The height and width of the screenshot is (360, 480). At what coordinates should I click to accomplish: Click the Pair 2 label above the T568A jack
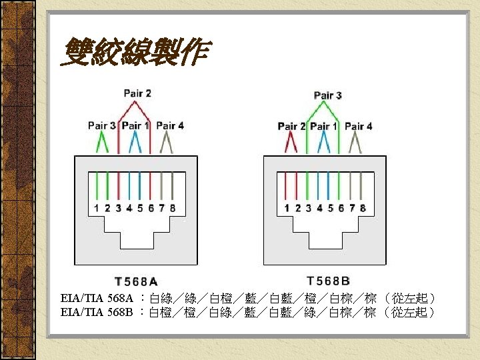[x=137, y=93]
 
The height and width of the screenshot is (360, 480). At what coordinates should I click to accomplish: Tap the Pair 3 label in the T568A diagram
[x=101, y=125]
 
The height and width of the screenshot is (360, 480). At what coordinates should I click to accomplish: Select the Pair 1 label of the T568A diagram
[x=135, y=125]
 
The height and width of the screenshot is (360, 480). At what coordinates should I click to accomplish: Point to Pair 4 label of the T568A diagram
[x=169, y=125]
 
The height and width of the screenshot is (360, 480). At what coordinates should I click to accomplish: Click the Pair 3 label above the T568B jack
[x=327, y=95]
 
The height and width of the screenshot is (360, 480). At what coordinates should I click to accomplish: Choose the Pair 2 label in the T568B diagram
[x=291, y=126]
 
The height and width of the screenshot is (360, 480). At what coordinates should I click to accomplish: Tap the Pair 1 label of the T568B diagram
[x=325, y=126]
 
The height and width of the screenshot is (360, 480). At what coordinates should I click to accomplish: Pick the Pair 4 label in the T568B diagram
[x=359, y=126]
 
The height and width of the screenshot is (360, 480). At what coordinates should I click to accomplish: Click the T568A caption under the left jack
[x=137, y=282]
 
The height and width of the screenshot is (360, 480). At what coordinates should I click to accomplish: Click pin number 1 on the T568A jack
[x=97, y=208]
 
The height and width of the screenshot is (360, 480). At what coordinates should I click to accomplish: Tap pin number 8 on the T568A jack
[x=173, y=208]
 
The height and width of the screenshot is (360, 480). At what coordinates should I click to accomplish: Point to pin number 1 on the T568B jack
[x=287, y=208]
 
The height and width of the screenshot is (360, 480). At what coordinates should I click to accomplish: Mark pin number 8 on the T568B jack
[x=363, y=208]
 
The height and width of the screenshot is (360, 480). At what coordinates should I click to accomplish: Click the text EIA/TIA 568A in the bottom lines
[x=97, y=298]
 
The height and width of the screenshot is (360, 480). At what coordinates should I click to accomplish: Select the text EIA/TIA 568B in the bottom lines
[x=97, y=312]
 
